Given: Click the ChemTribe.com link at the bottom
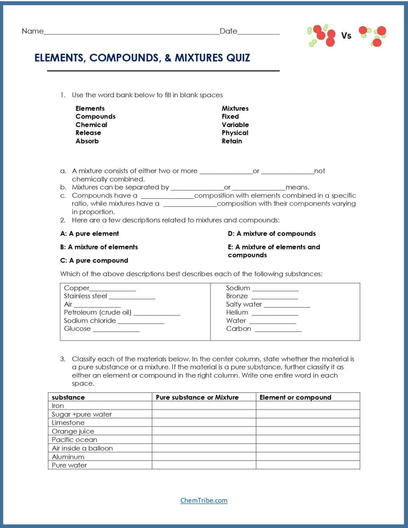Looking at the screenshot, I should [204, 500].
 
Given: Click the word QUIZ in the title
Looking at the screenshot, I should [233, 58].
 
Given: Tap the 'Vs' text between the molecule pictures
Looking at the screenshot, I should [346, 36].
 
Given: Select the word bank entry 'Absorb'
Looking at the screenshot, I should [87, 141].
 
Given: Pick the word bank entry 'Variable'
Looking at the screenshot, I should [235, 125].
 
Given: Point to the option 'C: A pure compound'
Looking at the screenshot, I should [94, 261].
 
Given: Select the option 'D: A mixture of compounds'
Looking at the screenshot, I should [272, 234].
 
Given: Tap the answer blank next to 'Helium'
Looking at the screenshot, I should [275, 313].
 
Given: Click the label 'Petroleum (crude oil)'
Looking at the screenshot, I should [98, 312].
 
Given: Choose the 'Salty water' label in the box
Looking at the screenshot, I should [244, 304].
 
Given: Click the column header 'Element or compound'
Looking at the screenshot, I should [295, 397].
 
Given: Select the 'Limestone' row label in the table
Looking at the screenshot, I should [68, 423].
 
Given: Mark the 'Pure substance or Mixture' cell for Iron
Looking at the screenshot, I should [204, 406].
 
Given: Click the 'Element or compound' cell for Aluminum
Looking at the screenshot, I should [308, 457].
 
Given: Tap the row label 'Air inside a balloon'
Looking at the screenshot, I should [82, 448].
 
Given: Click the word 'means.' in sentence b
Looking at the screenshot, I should [297, 187].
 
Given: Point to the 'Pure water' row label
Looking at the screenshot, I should [69, 465].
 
